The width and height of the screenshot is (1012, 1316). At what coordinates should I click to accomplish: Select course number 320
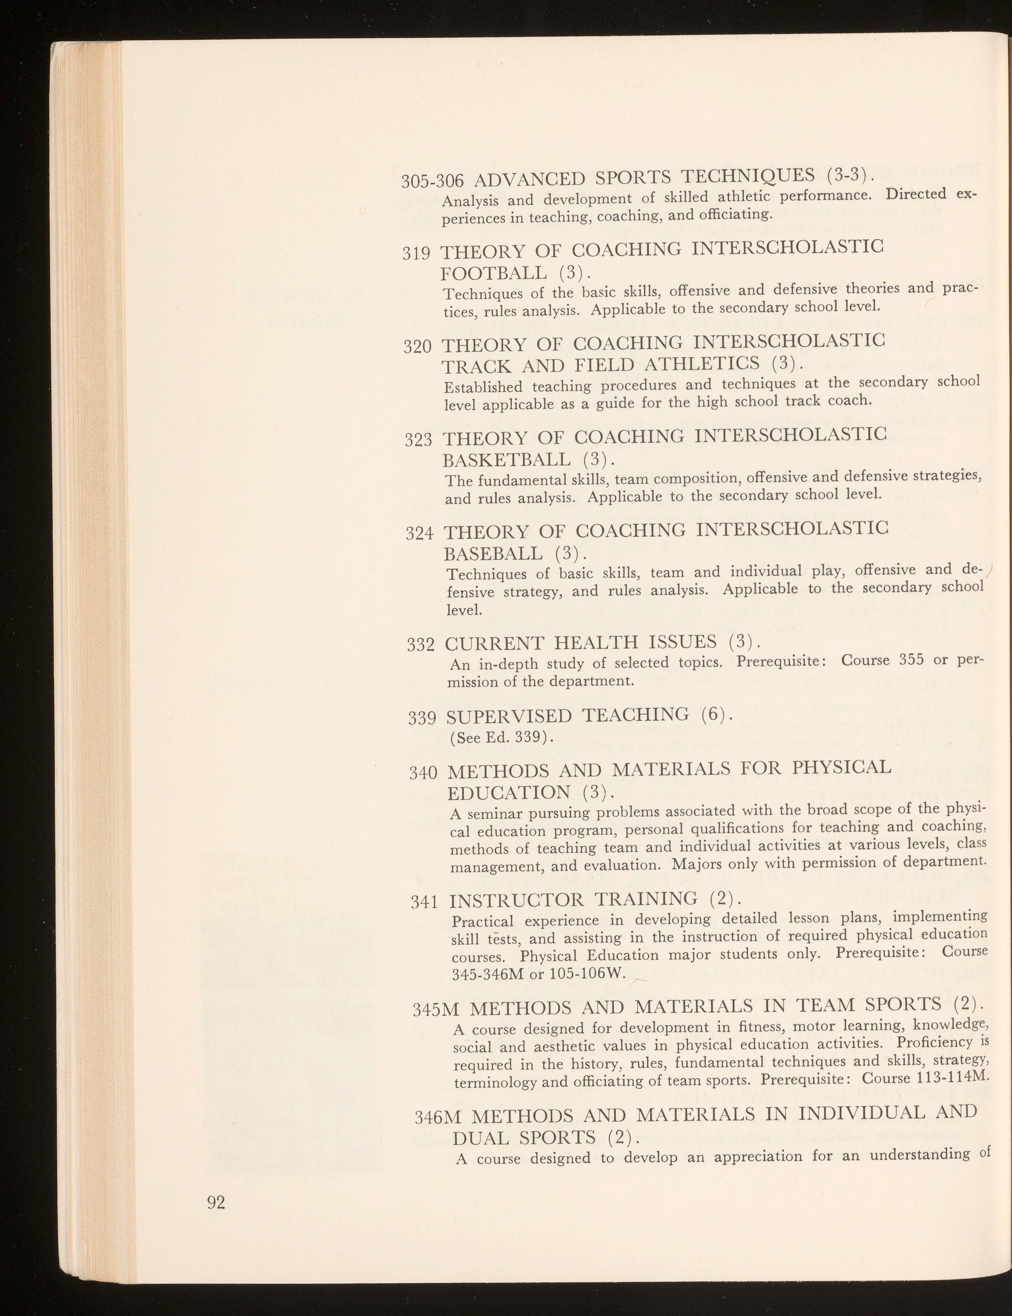click(417, 348)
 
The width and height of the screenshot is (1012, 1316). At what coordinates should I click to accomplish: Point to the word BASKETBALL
click(506, 461)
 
